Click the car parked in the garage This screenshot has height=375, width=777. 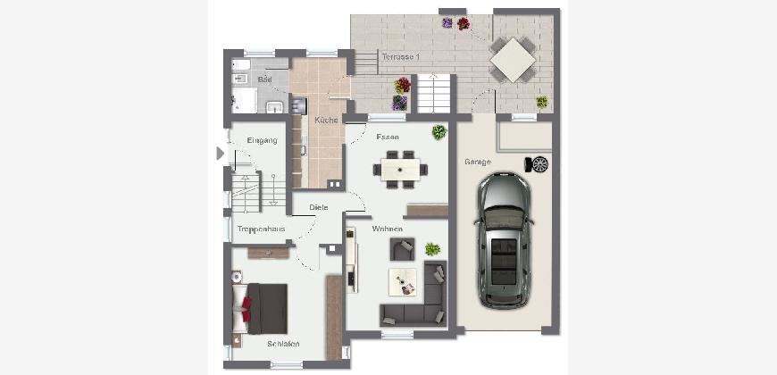pyautogui.click(x=504, y=241)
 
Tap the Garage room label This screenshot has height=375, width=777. pyautogui.click(x=478, y=162)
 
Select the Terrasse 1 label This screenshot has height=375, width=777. pyautogui.click(x=400, y=57)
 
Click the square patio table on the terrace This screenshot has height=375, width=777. pyautogui.click(x=513, y=60)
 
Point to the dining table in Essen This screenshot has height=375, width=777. pyautogui.click(x=400, y=170)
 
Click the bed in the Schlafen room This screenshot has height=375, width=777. pyautogui.click(x=260, y=309)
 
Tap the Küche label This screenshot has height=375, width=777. pyautogui.click(x=326, y=120)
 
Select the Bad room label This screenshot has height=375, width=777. pyautogui.click(x=265, y=79)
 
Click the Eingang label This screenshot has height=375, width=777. pyautogui.click(x=263, y=140)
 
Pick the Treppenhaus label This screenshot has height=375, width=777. pyautogui.click(x=261, y=229)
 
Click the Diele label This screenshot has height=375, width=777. pyautogui.click(x=319, y=207)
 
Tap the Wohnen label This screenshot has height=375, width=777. pyautogui.click(x=387, y=229)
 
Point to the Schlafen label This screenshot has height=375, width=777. pyautogui.click(x=283, y=344)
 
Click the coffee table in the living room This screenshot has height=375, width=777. pyautogui.click(x=403, y=282)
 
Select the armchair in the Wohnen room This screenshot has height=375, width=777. pyautogui.click(x=403, y=249)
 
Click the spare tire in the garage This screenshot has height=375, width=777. pyautogui.click(x=537, y=164)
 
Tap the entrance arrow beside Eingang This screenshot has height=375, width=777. pyautogui.click(x=220, y=154)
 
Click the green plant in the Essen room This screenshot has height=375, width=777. pyautogui.click(x=439, y=132)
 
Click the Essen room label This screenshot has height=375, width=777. pyautogui.click(x=388, y=137)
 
